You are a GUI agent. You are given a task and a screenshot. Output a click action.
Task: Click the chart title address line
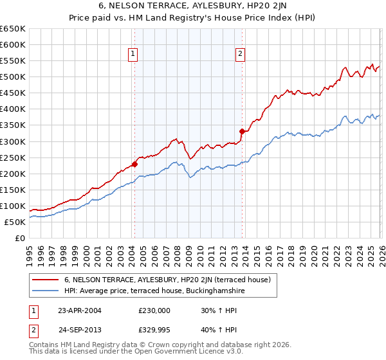192,6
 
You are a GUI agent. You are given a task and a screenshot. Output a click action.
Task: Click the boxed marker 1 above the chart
133,55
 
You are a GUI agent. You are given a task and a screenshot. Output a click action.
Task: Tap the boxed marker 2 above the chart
240,55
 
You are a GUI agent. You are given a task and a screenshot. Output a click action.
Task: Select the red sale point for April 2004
134,163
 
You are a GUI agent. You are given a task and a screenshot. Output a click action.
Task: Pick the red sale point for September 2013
242,131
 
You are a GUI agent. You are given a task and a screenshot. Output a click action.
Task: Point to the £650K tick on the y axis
12,29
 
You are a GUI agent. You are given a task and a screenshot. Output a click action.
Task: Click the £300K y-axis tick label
12,141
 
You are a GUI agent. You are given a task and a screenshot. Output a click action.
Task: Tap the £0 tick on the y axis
20,238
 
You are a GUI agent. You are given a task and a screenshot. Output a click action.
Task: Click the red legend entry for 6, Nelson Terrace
170,280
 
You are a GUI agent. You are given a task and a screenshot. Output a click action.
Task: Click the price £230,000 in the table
154,310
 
